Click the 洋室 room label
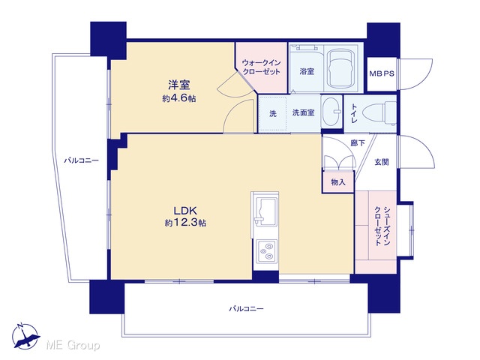point(179,85)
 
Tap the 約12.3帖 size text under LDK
point(185,223)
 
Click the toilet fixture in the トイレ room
point(379,113)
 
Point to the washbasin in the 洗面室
point(331,112)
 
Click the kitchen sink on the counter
point(265,211)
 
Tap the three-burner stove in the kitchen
point(266,251)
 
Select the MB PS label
point(382,73)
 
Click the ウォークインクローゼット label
point(261,67)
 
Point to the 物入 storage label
point(338,182)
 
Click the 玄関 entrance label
point(382,162)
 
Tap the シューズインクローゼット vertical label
point(382,226)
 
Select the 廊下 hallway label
point(358,142)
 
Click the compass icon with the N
point(25,336)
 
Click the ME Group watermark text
point(73,346)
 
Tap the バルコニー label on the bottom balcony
point(246,308)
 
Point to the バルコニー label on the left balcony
point(81,160)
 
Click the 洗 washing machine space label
point(273,113)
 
